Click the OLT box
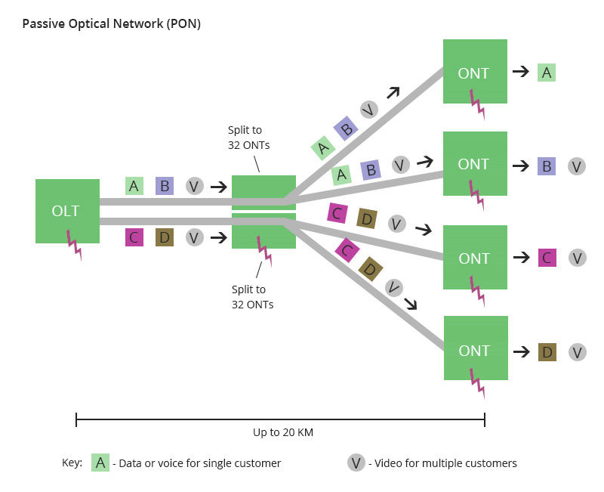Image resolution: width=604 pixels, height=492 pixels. (67, 211)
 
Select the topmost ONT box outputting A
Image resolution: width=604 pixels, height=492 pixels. (475, 71)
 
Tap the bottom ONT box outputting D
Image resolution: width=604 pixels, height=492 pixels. (476, 348)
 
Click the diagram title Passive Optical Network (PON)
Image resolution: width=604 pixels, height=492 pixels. (111, 24)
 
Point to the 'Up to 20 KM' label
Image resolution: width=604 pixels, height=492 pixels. (283, 432)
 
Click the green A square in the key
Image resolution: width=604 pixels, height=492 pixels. (100, 463)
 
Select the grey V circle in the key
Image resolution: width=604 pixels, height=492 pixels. (356, 463)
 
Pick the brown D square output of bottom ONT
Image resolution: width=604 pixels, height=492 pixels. (547, 352)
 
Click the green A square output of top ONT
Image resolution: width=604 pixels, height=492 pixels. (546, 73)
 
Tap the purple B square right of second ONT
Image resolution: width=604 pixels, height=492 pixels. (546, 166)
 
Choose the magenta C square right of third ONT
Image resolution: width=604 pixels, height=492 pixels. (547, 258)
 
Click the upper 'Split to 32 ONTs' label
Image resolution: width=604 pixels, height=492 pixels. (248, 138)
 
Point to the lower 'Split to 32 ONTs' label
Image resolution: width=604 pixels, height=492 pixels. (252, 297)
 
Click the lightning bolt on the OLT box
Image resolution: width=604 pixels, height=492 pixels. (74, 245)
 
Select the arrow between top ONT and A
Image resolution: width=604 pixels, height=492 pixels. (521, 71)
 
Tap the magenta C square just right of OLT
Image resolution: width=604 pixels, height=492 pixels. (134, 237)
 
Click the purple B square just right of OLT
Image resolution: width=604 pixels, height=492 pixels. (165, 186)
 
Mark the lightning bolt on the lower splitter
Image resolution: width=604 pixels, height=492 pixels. (265, 252)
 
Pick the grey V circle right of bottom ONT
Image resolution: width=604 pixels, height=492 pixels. (577, 352)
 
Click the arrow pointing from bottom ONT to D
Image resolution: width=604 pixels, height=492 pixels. (522, 351)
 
